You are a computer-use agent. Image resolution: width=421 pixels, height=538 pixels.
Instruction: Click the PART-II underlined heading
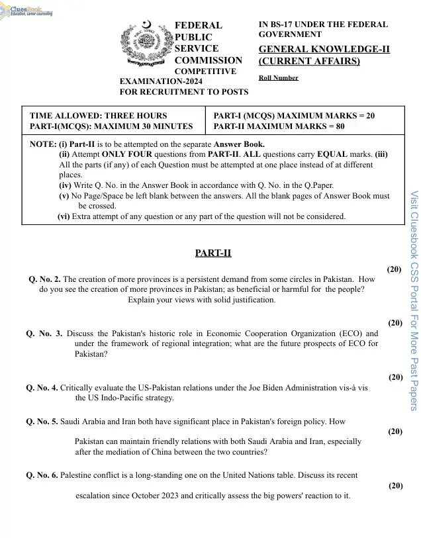pos(213,253)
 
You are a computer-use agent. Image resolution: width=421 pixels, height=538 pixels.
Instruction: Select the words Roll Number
pos(278,78)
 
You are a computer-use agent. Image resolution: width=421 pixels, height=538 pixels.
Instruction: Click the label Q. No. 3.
pos(44,334)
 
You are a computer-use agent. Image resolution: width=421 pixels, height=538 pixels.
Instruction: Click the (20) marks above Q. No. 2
pos(394,269)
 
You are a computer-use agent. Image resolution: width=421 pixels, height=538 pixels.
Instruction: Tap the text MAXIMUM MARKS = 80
pos(299,126)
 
